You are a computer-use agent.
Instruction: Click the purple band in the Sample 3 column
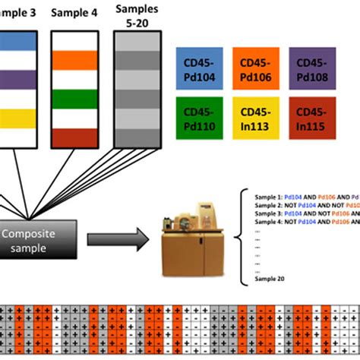(16, 78)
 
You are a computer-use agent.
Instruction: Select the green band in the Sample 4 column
(74, 99)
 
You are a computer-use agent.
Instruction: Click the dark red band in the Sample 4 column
(74, 138)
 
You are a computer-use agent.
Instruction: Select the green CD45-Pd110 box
(199, 118)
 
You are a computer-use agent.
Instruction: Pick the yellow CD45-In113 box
(255, 118)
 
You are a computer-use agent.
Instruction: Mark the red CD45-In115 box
(312, 118)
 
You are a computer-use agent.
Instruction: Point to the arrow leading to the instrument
(114, 240)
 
